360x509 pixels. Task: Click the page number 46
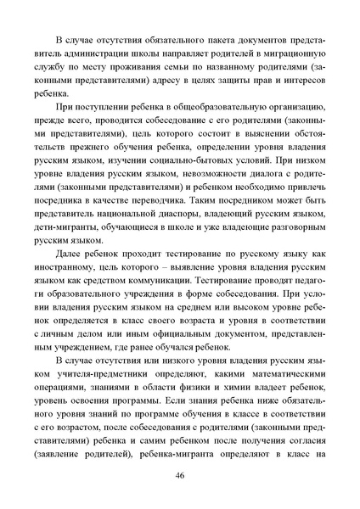pos(180,475)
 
